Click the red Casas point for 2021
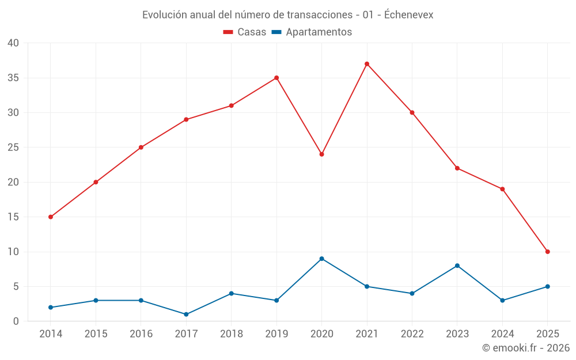[367, 64]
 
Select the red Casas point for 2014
[51, 217]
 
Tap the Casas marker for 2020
[322, 154]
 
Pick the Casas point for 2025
[548, 252]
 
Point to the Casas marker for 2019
[276, 78]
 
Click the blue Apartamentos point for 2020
[322, 259]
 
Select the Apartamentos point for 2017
[186, 314]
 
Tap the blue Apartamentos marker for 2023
[457, 266]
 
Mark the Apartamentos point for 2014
[51, 308]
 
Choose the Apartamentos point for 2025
[548, 286]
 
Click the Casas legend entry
[245, 32]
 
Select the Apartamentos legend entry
[312, 32]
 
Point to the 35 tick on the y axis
[13, 78]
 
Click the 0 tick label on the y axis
[16, 321]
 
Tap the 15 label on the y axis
[13, 217]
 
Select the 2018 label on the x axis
[232, 334]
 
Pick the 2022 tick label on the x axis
[412, 334]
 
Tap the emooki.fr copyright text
[526, 348]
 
